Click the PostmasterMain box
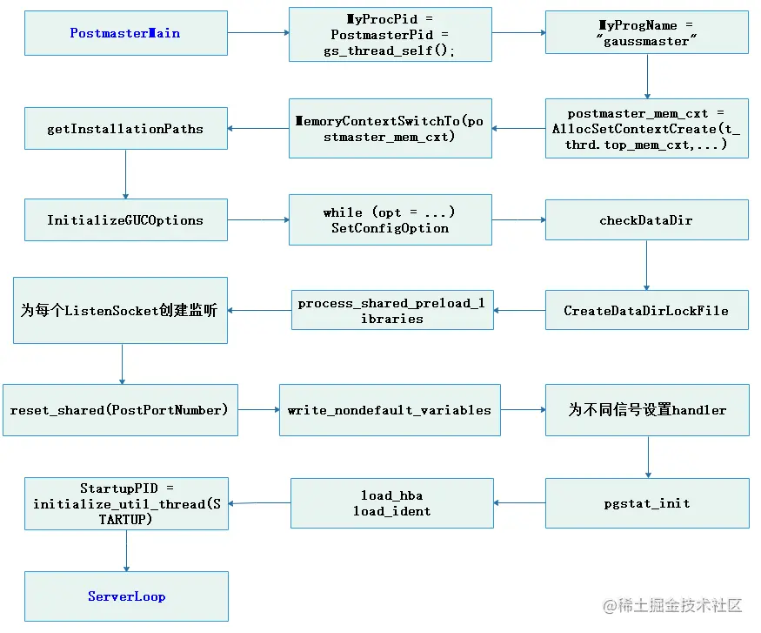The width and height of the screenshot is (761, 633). pyautogui.click(x=125, y=33)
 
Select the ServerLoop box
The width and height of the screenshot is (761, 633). pyautogui.click(x=126, y=596)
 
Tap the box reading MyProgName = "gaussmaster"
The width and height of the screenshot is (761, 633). pyautogui.click(x=647, y=33)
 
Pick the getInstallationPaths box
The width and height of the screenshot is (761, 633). pyautogui.click(x=125, y=129)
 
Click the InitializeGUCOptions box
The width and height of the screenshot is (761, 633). pyautogui.click(x=125, y=220)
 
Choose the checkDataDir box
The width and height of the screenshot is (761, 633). pyautogui.click(x=646, y=220)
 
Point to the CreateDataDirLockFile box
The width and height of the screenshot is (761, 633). pyautogui.click(x=646, y=311)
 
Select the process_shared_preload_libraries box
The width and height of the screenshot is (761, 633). pyautogui.click(x=391, y=311)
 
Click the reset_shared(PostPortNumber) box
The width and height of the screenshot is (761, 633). pyautogui.click(x=119, y=410)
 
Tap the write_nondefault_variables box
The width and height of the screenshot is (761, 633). pyautogui.click(x=390, y=410)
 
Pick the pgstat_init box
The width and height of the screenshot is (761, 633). pyautogui.click(x=647, y=503)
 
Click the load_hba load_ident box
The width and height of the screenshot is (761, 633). pyautogui.click(x=391, y=503)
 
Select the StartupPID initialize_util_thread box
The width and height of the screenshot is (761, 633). pyautogui.click(x=127, y=503)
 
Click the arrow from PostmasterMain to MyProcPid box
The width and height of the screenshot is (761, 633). pyautogui.click(x=258, y=33)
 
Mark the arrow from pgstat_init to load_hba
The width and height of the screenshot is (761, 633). pyautogui.click(x=519, y=503)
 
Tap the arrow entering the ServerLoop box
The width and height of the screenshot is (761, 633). pyautogui.click(x=126, y=550)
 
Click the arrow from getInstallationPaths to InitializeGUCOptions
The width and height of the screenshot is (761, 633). pyautogui.click(x=125, y=174)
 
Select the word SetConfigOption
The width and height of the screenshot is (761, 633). pyautogui.click(x=390, y=228)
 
